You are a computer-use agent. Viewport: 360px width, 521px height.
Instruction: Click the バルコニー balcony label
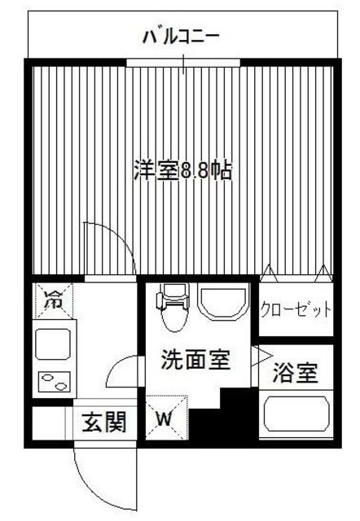pos(181,36)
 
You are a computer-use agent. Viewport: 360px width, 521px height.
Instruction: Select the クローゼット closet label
pos(296,309)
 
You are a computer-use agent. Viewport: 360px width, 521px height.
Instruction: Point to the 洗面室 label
pos(194,360)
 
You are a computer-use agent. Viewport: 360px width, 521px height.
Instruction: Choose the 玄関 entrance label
pos(104,422)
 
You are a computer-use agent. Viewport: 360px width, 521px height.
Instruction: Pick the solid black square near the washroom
pos(236,407)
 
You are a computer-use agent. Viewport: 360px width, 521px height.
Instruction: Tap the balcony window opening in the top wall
pos(184,62)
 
